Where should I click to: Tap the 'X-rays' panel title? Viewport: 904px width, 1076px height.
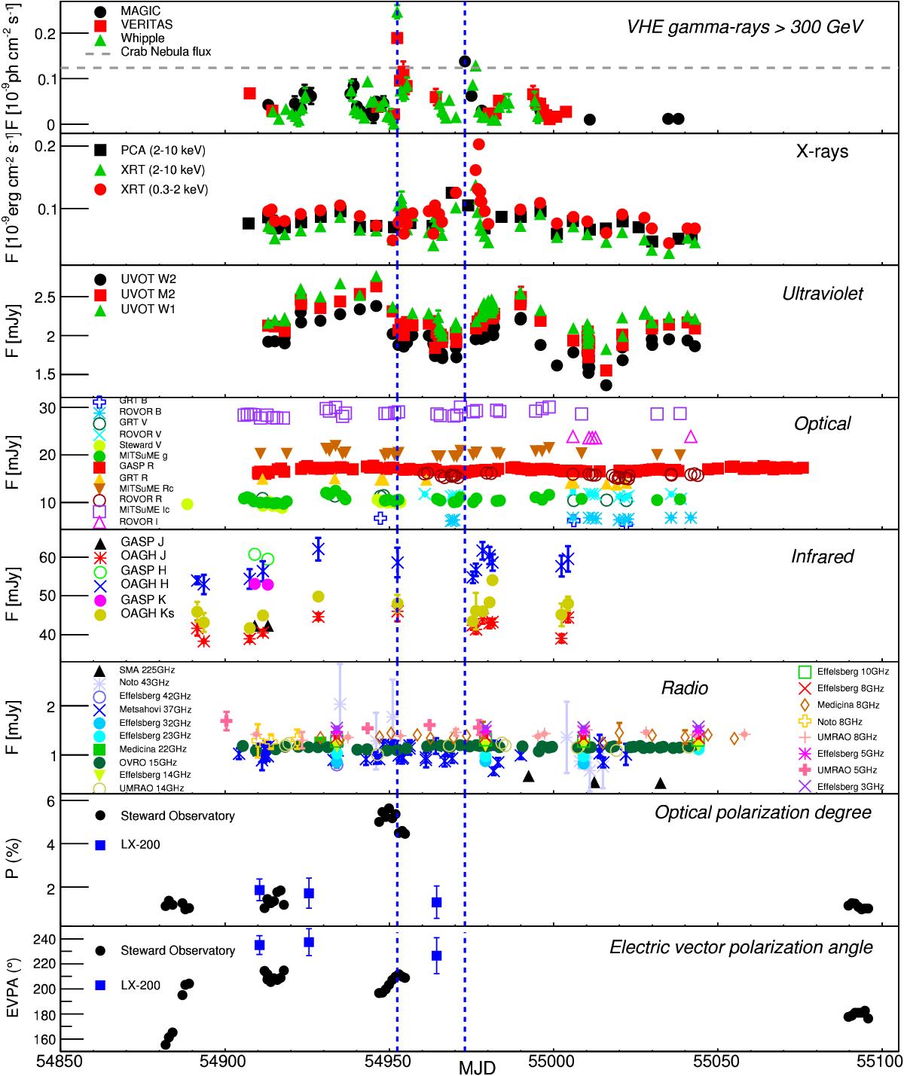click(822, 151)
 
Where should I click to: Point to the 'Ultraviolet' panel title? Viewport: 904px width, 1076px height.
click(823, 294)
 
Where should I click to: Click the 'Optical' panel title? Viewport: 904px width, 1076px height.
click(822, 423)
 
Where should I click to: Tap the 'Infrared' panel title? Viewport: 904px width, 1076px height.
click(822, 556)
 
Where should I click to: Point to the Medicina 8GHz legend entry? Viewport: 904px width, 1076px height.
click(845, 705)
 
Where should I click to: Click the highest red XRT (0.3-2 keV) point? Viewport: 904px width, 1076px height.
click(478, 144)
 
